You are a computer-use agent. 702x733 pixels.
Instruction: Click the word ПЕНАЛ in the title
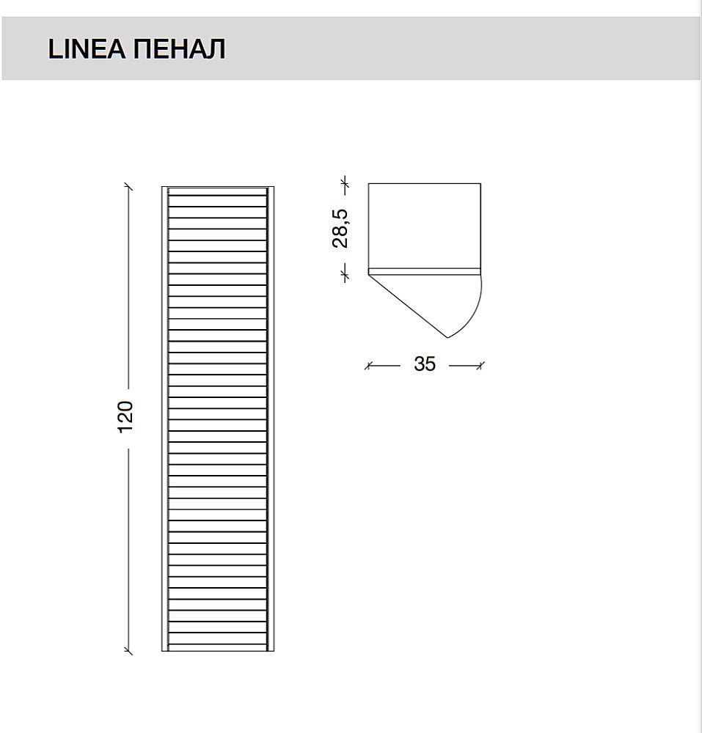tap(180, 49)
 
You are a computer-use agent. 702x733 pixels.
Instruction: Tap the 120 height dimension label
tap(126, 416)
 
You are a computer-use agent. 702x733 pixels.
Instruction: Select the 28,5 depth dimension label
tap(340, 227)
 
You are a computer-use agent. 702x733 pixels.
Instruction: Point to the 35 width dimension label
tap(425, 364)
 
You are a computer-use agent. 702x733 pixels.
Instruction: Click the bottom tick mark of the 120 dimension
tap(129, 650)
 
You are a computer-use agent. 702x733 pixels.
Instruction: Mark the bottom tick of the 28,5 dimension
tap(343, 273)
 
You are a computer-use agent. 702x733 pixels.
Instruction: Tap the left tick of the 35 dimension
tap(369, 364)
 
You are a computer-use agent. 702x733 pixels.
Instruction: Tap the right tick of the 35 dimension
tap(480, 364)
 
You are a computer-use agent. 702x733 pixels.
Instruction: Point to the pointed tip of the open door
tap(447, 337)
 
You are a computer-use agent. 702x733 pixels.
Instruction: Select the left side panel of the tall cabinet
tap(165, 418)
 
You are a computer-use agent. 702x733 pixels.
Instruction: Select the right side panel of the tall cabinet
tap(271, 418)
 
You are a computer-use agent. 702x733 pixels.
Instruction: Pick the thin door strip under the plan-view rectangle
tap(424, 270)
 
